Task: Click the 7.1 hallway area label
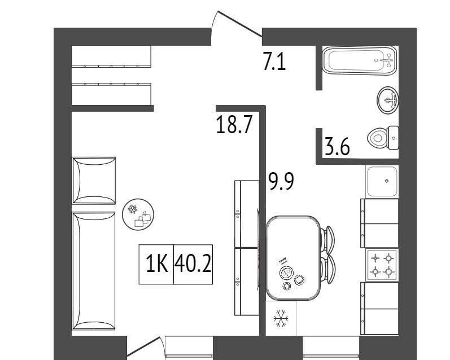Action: (274, 61)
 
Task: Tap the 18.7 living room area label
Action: (234, 125)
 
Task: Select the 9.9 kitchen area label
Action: (281, 181)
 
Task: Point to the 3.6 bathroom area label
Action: (337, 147)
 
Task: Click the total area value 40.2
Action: (193, 264)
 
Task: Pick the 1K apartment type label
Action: (157, 264)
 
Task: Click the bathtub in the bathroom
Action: (360, 60)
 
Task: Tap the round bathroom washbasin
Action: (387, 100)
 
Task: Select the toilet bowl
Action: (383, 138)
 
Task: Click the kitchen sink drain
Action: (387, 181)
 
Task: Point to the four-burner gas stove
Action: (382, 265)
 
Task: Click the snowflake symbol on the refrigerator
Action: (281, 318)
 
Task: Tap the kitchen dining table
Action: (293, 258)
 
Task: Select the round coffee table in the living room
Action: (138, 214)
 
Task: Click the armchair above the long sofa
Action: (94, 181)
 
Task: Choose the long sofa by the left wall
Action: (94, 271)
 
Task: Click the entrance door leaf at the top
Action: (240, 24)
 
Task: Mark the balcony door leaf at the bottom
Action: (143, 346)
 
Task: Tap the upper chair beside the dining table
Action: (327, 240)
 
